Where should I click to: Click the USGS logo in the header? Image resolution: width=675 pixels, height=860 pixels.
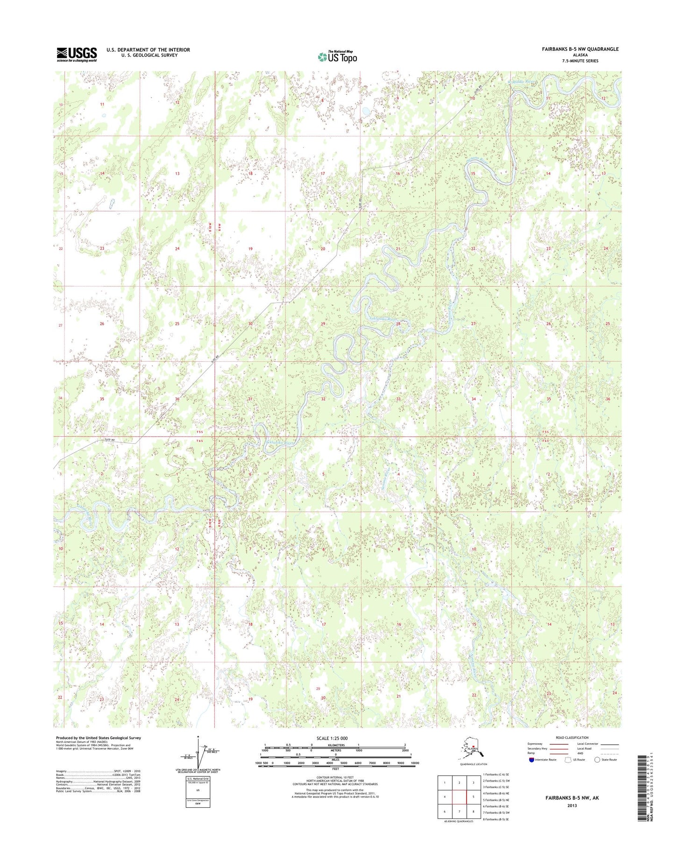pyautogui.click(x=77, y=54)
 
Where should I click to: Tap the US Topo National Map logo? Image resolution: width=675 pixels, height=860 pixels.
pyautogui.click(x=337, y=56)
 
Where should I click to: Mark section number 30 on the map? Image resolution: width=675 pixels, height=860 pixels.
pyautogui.click(x=250, y=324)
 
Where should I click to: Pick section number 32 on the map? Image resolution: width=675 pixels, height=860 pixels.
pyautogui.click(x=323, y=399)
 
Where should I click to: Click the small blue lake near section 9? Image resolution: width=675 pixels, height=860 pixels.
pyautogui.click(x=365, y=112)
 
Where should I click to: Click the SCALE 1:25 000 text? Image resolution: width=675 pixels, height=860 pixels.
pyautogui.click(x=332, y=739)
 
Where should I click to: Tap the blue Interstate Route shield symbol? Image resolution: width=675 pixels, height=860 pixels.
pyautogui.click(x=532, y=773)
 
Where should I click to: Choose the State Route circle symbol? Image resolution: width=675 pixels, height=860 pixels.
pyautogui.click(x=597, y=773)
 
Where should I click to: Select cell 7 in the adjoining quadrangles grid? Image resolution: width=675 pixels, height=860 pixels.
pyautogui.click(x=460, y=811)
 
